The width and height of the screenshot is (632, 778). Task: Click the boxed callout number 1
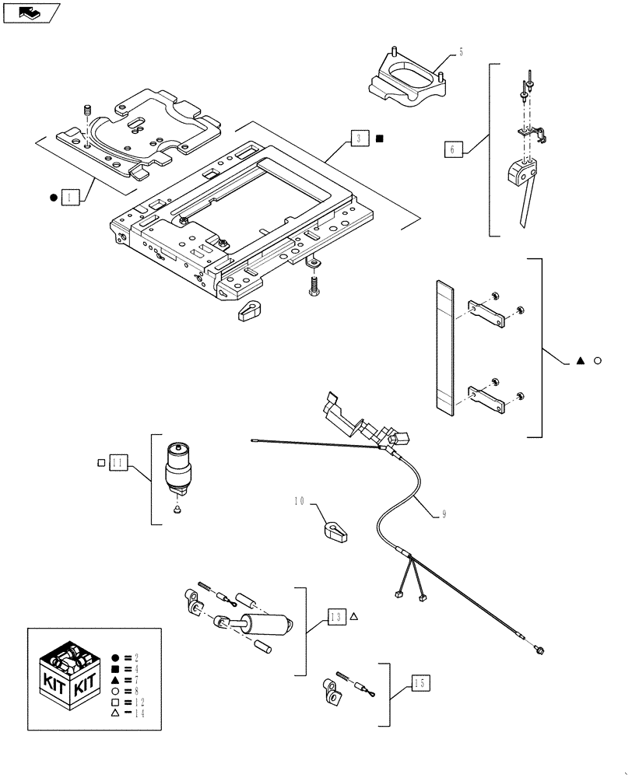70,198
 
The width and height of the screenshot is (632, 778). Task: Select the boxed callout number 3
359,139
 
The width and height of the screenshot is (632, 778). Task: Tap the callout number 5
461,52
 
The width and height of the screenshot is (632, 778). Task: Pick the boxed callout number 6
453,149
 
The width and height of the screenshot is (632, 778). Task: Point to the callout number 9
444,513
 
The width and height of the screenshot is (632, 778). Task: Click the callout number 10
300,502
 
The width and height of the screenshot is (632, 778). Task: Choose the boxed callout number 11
118,462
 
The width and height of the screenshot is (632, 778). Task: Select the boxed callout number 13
335,617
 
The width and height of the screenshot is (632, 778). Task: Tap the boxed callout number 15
420,684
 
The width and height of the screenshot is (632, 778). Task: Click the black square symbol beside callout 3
379,139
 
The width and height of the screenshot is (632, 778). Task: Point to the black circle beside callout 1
53,198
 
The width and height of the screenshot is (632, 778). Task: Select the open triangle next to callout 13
353,616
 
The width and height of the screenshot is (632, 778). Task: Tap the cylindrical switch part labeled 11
178,469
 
